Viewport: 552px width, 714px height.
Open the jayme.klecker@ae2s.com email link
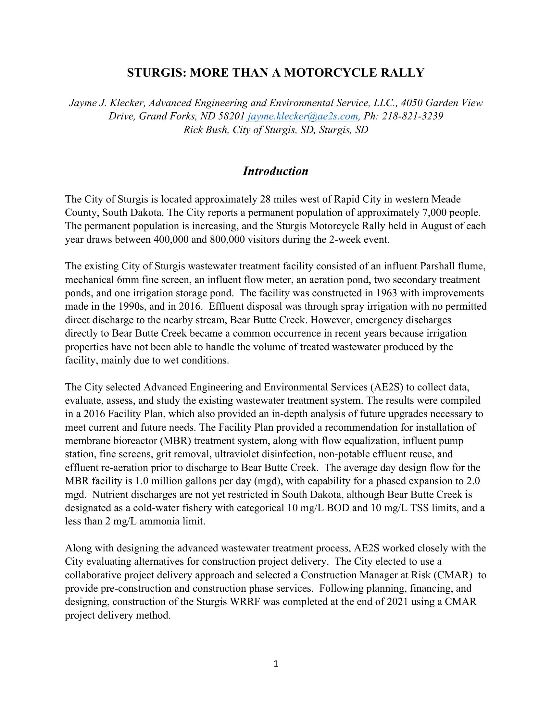click(x=303, y=117)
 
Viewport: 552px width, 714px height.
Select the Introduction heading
click(x=275, y=171)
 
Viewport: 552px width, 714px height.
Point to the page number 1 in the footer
click(x=276, y=663)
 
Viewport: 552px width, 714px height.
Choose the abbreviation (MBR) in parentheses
click(x=176, y=441)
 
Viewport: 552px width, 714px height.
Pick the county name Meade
click(x=446, y=199)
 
